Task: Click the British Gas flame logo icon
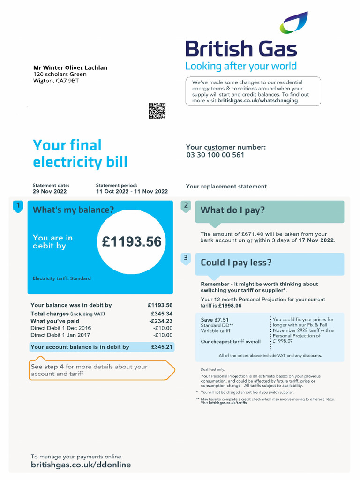pyautogui.click(x=294, y=23)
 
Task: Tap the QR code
pyautogui.click(x=157, y=111)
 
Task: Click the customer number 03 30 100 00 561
pyautogui.click(x=215, y=155)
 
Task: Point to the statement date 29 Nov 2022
pyautogui.click(x=50, y=191)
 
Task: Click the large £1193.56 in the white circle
pyautogui.click(x=132, y=242)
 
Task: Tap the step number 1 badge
pyautogui.click(x=18, y=206)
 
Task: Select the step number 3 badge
pyautogui.click(x=186, y=258)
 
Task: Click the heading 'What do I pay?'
pyautogui.click(x=232, y=210)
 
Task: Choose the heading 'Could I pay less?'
pyautogui.click(x=236, y=262)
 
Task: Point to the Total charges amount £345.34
pyautogui.click(x=162, y=314)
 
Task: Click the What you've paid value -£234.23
pyautogui.click(x=161, y=321)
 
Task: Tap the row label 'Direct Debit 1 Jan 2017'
pyautogui.click(x=60, y=335)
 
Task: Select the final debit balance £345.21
pyautogui.click(x=162, y=347)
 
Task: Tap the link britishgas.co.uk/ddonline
pyautogui.click(x=81, y=465)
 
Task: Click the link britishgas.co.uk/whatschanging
pyautogui.click(x=257, y=101)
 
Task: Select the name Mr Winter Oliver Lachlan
pyautogui.click(x=70, y=68)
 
